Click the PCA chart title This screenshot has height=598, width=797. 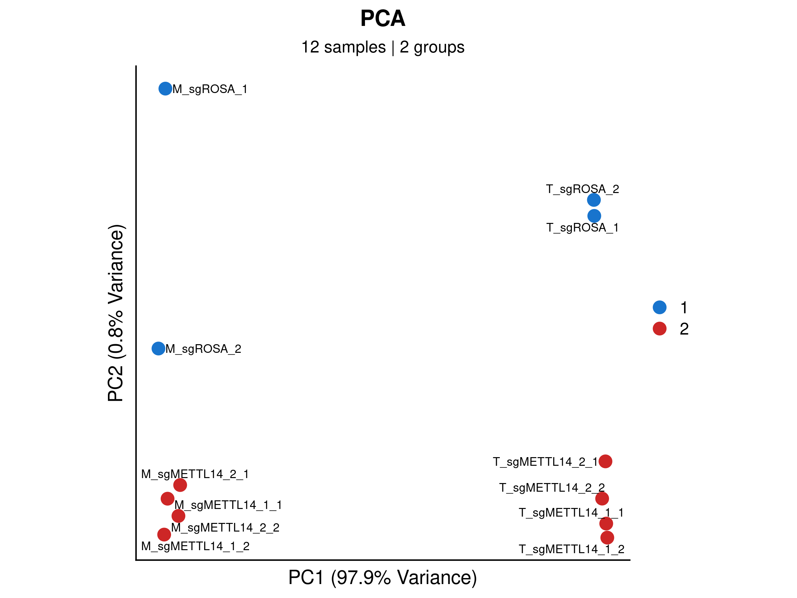pyautogui.click(x=383, y=18)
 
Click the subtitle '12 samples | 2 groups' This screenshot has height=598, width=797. pyautogui.click(x=383, y=47)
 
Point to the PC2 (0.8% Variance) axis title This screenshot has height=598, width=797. pyautogui.click(x=116, y=313)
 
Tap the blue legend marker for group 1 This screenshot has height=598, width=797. pyautogui.click(x=660, y=307)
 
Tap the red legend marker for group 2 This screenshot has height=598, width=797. pyautogui.click(x=660, y=328)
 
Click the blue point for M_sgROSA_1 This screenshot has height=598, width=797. pyautogui.click(x=165, y=89)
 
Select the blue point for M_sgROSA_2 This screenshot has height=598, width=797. pyautogui.click(x=158, y=349)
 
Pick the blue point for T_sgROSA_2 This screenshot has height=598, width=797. pyautogui.click(x=594, y=200)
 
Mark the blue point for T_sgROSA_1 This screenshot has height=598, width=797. pyautogui.click(x=594, y=216)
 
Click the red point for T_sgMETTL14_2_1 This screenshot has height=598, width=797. pyautogui.click(x=605, y=461)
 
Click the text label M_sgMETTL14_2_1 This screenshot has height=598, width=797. pyautogui.click(x=195, y=474)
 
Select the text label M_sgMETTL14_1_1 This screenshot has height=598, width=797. pyautogui.click(x=228, y=505)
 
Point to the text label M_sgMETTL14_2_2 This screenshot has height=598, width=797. pyautogui.click(x=225, y=528)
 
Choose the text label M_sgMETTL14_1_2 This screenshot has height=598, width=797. pyautogui.click(x=195, y=546)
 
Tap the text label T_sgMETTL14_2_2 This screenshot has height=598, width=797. pyautogui.click(x=552, y=488)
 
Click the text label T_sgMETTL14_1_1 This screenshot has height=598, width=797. pyautogui.click(x=571, y=513)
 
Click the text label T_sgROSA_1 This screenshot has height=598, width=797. pyautogui.click(x=582, y=228)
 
